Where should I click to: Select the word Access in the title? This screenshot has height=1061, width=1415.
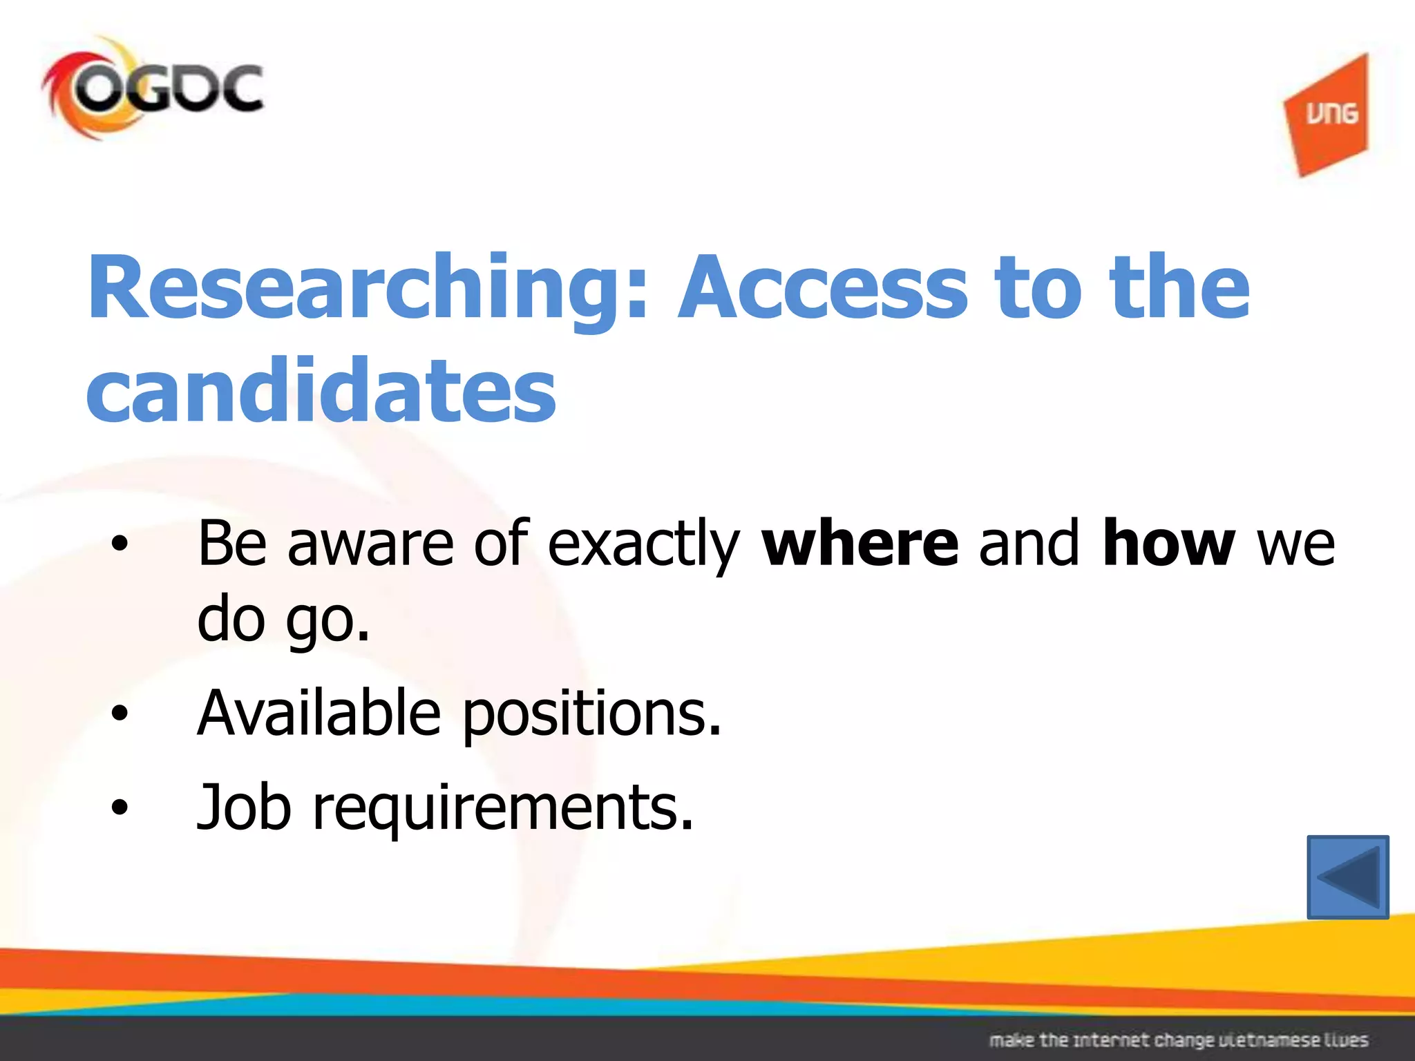coord(822,288)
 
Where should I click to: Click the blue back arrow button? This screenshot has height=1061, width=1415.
coord(1347,877)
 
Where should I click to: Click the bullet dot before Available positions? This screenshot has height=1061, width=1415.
coord(120,714)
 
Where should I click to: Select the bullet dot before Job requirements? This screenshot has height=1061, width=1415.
coord(120,807)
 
